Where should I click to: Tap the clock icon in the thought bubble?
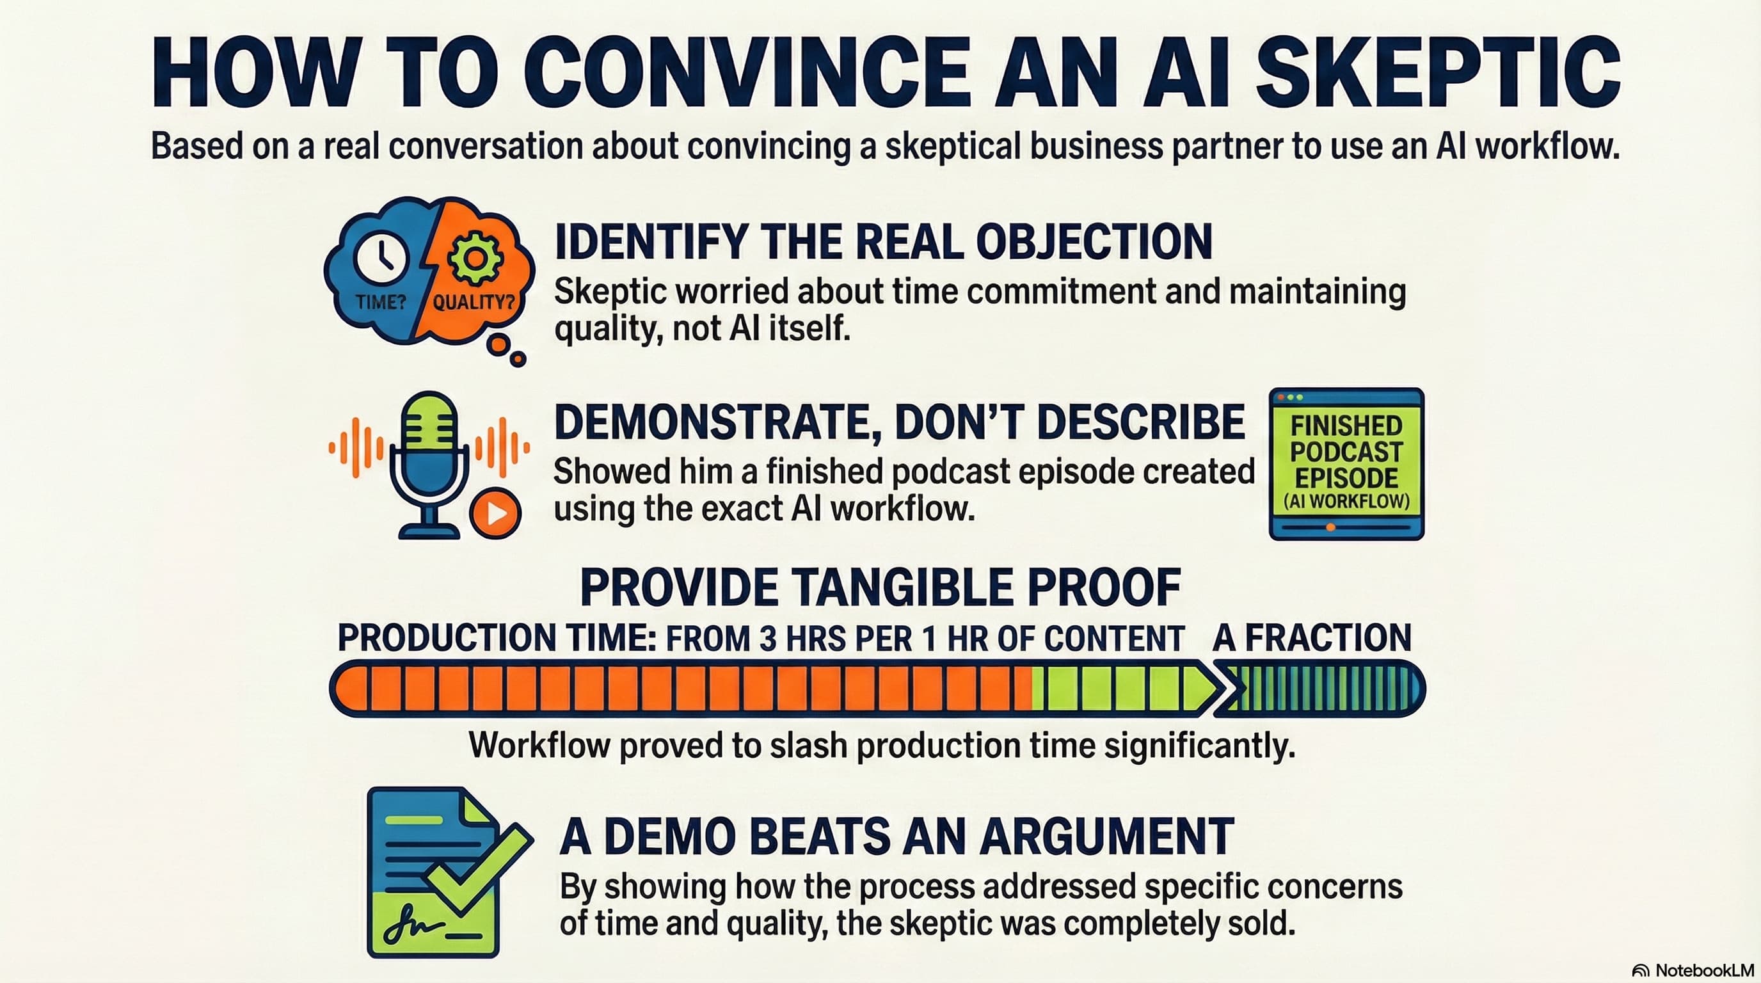[381, 258]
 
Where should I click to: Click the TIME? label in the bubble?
[381, 301]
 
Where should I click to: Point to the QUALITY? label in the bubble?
[474, 301]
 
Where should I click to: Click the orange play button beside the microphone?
[496, 513]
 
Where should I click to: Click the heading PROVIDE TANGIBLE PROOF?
[880, 587]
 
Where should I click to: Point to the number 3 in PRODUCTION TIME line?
[768, 639]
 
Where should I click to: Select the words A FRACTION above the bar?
[1311, 638]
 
